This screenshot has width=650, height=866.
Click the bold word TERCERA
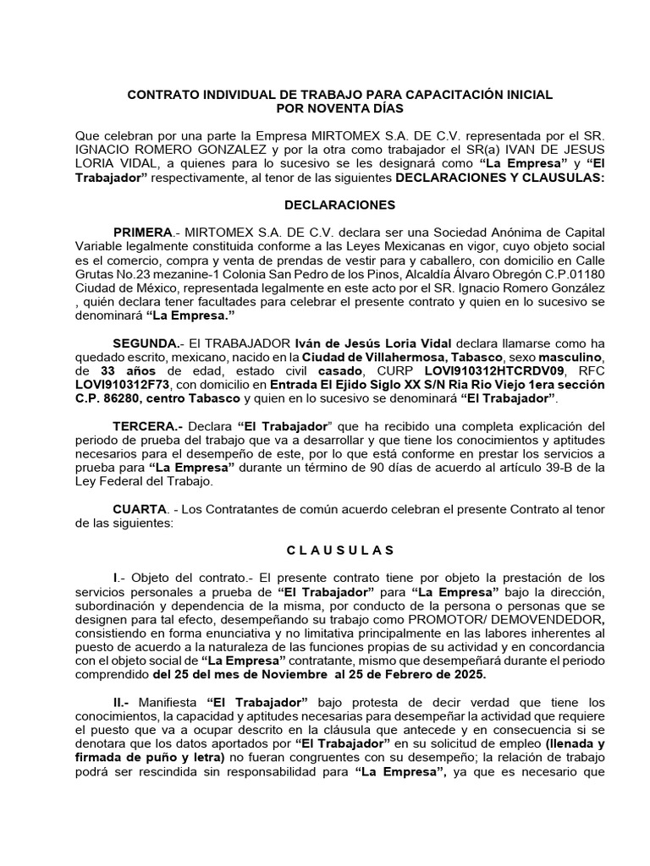(x=146, y=425)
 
